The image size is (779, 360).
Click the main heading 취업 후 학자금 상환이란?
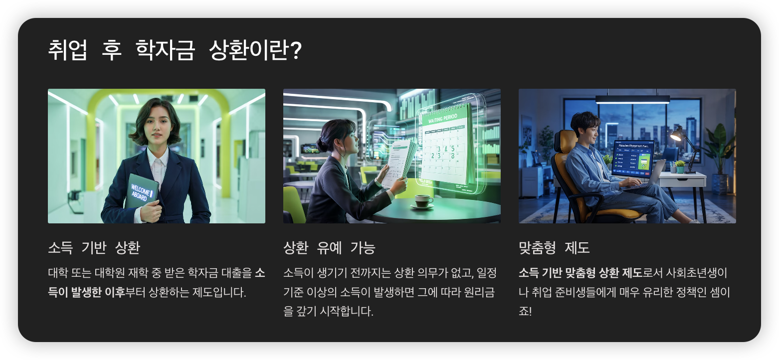(x=175, y=51)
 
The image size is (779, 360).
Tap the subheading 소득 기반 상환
(x=94, y=247)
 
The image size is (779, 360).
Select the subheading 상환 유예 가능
(x=329, y=247)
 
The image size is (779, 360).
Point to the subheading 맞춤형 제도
(x=554, y=247)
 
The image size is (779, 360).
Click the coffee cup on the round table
(x=423, y=200)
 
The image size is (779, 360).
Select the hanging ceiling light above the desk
(x=632, y=99)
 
